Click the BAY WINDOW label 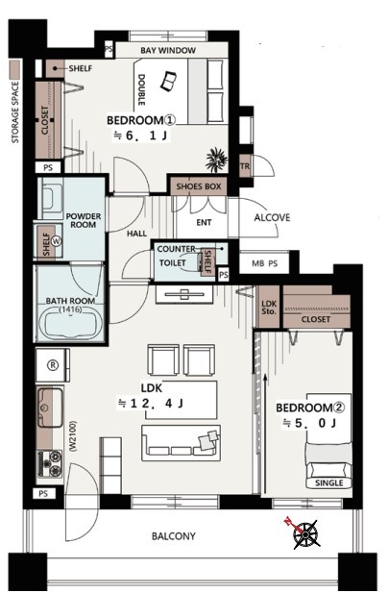[x=168, y=50]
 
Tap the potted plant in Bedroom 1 [x=217, y=160]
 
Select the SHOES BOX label [x=199, y=186]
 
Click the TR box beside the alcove [x=245, y=166]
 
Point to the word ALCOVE [x=272, y=218]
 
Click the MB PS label [x=265, y=263]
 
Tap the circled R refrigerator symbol [x=53, y=365]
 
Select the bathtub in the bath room [x=71, y=323]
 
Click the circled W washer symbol [x=57, y=240]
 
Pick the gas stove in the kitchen [x=50, y=463]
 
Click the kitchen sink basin [x=50, y=408]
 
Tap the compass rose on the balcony [x=305, y=533]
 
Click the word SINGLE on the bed [x=329, y=482]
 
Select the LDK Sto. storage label [x=269, y=308]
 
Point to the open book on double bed [x=168, y=82]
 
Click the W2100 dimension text [x=73, y=436]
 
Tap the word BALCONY [x=174, y=536]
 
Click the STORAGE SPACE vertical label [x=15, y=112]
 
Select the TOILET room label [x=173, y=262]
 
